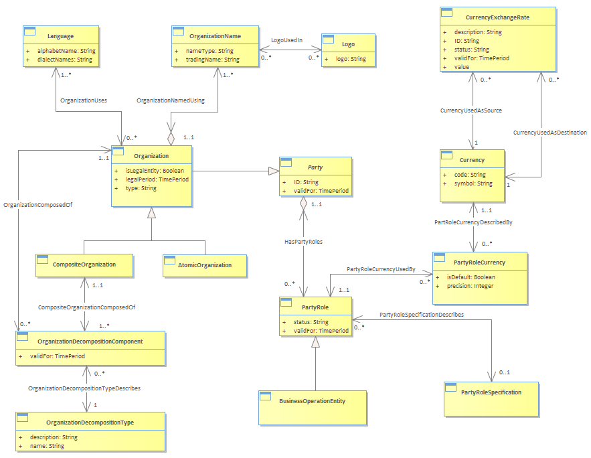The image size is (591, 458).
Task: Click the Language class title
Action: (x=60, y=36)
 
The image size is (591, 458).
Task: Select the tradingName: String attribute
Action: (x=213, y=60)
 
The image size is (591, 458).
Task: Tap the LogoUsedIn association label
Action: (x=287, y=40)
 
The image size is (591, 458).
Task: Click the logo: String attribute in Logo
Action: (x=351, y=59)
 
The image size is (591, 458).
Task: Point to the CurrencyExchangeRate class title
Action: (x=497, y=17)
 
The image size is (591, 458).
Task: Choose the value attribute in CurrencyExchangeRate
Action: (x=462, y=67)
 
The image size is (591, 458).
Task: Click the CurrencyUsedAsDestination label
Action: (x=550, y=133)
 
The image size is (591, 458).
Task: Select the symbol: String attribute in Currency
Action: (x=473, y=183)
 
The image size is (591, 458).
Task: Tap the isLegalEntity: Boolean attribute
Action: (x=155, y=171)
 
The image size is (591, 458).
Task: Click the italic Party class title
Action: (x=315, y=167)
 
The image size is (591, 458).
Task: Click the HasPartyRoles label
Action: (x=303, y=242)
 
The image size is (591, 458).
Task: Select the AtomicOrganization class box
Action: (x=205, y=266)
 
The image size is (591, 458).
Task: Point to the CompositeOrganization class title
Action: (x=84, y=264)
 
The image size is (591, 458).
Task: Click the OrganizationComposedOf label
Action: (x=37, y=205)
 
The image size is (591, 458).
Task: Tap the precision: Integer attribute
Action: (x=471, y=286)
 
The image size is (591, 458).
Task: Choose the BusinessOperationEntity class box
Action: (x=313, y=408)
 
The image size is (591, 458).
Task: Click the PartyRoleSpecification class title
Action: (x=491, y=392)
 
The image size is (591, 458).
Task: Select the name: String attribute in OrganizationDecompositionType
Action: (x=47, y=446)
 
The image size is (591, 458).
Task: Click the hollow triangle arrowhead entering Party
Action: (x=274, y=171)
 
